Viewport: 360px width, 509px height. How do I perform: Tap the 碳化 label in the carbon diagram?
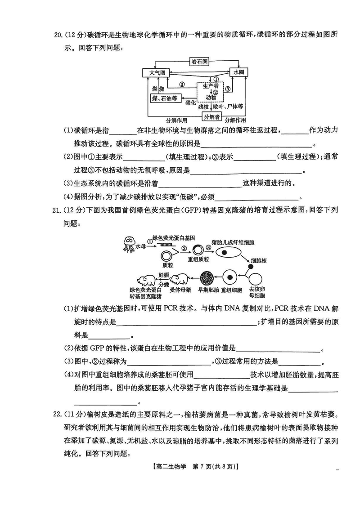click(191, 103)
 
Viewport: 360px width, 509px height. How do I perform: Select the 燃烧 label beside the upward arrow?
click(157, 88)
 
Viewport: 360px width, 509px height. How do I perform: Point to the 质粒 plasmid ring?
click(167, 256)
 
